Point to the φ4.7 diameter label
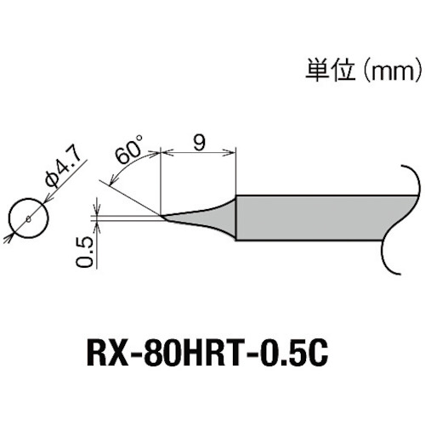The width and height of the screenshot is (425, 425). click(60, 168)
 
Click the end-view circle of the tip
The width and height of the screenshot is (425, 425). click(29, 219)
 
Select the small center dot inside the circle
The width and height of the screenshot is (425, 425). click(29, 219)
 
